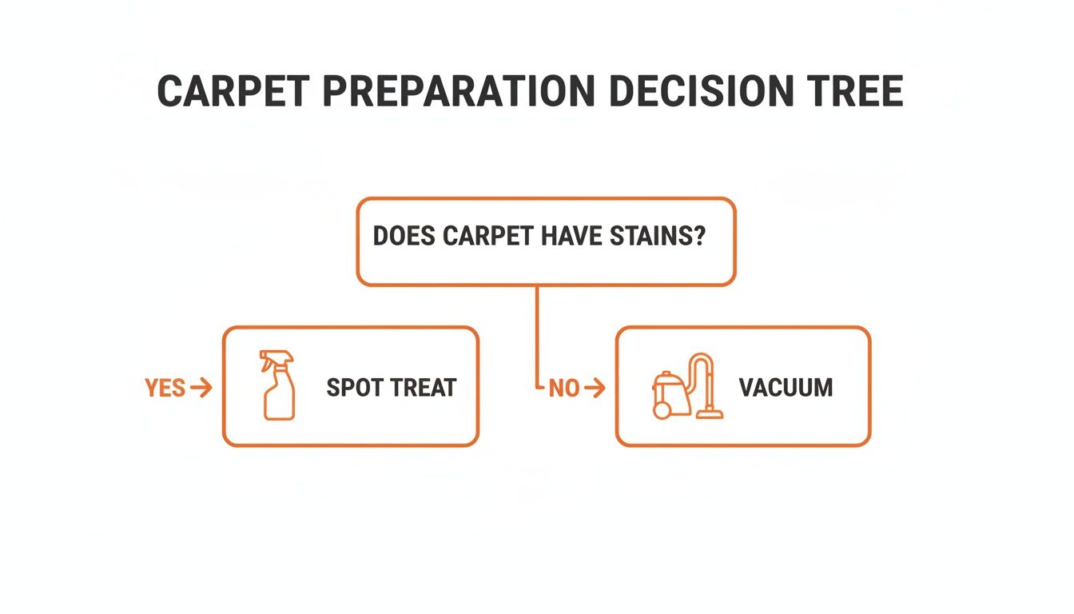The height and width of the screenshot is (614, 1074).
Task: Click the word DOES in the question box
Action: (404, 237)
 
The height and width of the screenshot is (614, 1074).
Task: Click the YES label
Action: (165, 389)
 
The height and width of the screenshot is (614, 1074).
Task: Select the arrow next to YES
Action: (202, 389)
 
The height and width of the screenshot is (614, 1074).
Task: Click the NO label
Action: (564, 389)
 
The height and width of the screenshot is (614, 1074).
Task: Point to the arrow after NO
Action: (595, 389)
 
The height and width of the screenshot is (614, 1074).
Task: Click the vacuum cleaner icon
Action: (688, 388)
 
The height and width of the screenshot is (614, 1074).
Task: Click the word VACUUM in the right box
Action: (786, 388)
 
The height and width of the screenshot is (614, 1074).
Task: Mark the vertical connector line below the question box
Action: (537, 336)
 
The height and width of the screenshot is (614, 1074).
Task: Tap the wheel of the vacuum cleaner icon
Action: (662, 410)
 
